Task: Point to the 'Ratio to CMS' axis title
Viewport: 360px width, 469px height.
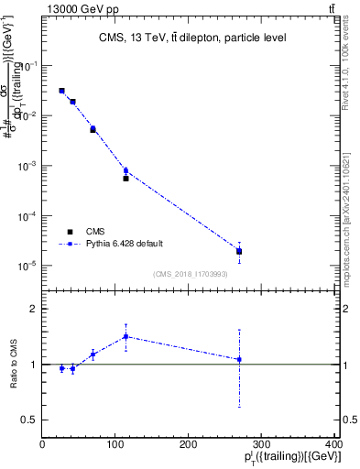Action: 12,364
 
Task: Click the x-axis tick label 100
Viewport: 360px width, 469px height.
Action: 115,442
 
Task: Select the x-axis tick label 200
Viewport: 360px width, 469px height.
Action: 189,442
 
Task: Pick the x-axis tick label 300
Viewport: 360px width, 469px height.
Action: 262,442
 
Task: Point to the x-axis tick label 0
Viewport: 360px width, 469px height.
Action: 43,442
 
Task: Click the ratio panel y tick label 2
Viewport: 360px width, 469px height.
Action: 33,310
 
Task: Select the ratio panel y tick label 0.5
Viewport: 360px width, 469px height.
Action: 28,420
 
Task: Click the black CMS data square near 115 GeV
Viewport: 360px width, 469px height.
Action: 126,179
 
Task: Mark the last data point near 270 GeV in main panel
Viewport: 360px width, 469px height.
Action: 239,251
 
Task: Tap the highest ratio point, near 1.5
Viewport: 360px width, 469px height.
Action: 126,336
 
